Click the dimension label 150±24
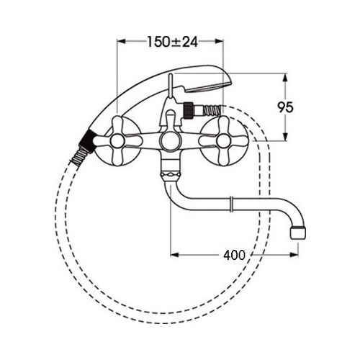coord(172,42)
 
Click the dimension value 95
coord(286,107)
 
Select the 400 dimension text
coord(234,255)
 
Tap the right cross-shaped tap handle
coord(223,141)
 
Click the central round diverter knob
coord(169,141)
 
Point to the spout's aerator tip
coord(298,232)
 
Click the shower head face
coord(208,88)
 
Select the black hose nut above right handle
coord(189,109)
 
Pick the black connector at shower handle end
coord(87,140)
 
